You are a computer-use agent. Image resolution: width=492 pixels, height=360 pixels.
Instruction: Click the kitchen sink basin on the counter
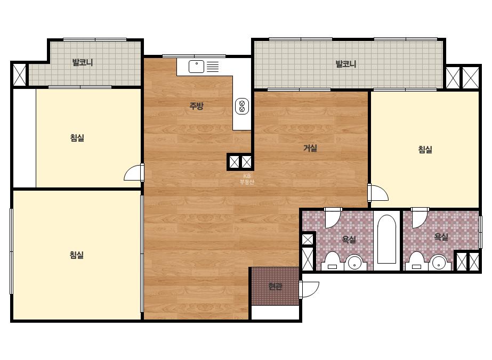(x=196, y=67)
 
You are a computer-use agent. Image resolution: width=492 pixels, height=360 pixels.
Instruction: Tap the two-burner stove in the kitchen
(x=242, y=106)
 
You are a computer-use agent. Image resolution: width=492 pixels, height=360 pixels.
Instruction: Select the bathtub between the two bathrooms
(x=386, y=239)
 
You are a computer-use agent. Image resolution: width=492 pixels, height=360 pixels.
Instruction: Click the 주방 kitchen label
(x=196, y=105)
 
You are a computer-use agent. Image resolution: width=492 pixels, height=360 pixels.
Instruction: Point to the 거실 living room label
(x=310, y=148)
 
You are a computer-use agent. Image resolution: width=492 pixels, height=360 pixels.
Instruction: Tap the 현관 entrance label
(x=275, y=287)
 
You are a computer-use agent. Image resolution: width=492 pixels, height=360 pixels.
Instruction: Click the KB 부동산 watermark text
(x=247, y=179)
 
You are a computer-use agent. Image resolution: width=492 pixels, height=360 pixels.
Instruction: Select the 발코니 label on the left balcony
(x=83, y=62)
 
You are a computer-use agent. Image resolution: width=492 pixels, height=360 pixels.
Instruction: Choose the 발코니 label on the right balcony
(x=346, y=64)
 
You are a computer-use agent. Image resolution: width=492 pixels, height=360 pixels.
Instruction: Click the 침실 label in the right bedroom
(x=425, y=149)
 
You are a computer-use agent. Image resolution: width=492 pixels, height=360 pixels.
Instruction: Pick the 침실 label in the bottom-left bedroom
(x=77, y=255)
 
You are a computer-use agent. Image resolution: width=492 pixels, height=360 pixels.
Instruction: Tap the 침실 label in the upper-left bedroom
(x=77, y=138)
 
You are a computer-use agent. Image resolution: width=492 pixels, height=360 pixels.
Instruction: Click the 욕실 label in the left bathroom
(x=349, y=239)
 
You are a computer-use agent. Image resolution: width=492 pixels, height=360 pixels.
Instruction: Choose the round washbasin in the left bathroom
(x=354, y=263)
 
